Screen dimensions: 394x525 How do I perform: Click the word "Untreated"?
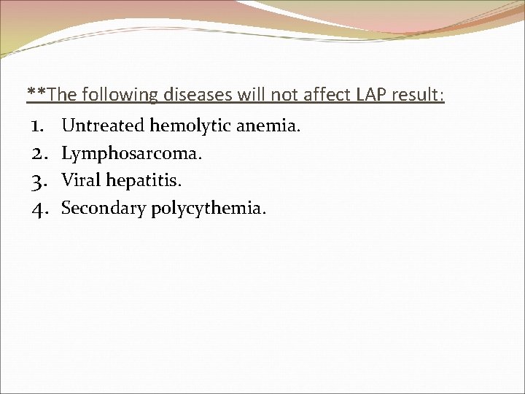[103, 126]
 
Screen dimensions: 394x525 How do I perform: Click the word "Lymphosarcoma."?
[132, 154]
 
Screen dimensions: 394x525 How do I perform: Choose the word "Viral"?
[81, 181]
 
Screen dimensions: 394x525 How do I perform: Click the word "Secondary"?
[104, 209]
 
